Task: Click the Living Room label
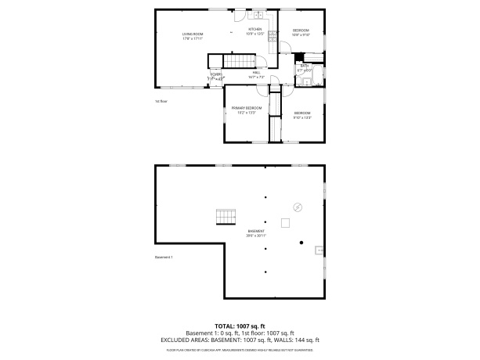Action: (193, 36)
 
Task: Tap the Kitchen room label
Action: (255, 31)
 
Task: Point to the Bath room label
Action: (305, 68)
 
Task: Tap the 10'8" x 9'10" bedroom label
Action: (301, 32)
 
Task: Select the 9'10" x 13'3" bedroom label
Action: (303, 115)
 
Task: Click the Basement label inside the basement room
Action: (256, 232)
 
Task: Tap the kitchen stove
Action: (272, 36)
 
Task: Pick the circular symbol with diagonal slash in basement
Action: (298, 207)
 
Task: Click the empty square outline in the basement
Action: (287, 224)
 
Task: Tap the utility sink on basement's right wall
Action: (318, 250)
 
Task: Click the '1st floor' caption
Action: (161, 101)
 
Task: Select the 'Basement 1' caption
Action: (164, 257)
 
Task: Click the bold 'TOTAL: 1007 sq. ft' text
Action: (240, 325)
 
